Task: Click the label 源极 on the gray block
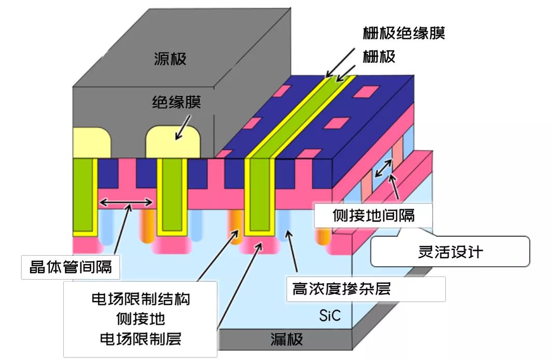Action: tap(170, 59)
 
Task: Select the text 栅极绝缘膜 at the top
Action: tap(404, 34)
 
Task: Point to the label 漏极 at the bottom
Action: tap(286, 340)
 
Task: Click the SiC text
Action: tap(329, 315)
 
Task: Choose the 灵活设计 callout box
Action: tap(450, 252)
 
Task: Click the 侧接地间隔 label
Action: tap(373, 214)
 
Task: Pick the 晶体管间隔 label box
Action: tap(70, 267)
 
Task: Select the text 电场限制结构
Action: tap(140, 299)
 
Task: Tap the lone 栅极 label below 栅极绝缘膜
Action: tap(379, 57)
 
